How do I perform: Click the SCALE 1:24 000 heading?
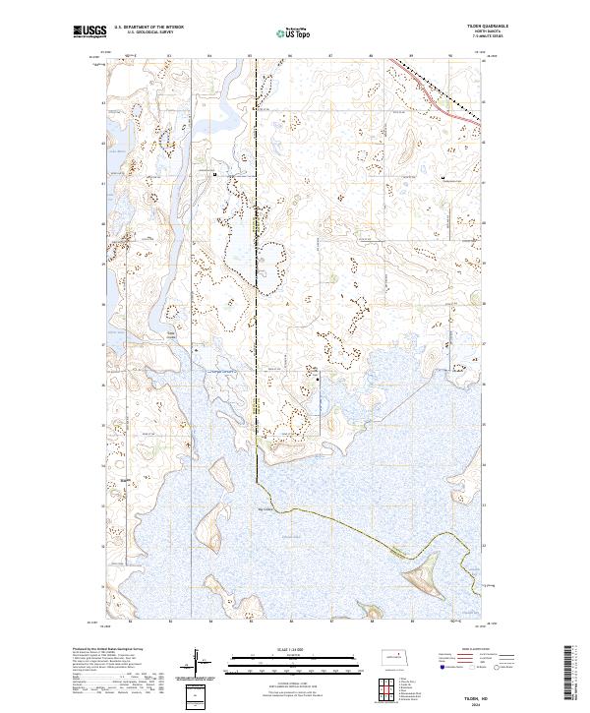(293, 646)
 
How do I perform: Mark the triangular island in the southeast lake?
(418, 567)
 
